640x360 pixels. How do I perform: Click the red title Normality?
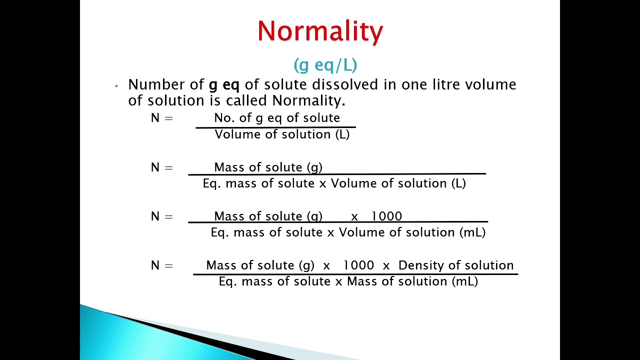320,31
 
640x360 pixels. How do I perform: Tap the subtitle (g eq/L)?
325,64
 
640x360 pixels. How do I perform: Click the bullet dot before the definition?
116,86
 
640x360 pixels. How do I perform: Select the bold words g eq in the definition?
224,84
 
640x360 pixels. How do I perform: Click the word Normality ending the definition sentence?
307,100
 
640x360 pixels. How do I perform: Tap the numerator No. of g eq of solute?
277,118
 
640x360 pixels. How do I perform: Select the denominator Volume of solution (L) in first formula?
282,134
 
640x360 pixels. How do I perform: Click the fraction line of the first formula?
275,127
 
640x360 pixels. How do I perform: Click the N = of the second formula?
161,167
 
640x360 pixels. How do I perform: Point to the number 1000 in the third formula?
386,216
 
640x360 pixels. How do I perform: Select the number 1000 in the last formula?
358,265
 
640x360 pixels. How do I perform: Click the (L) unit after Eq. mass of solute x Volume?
458,183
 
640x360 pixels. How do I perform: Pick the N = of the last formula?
161,265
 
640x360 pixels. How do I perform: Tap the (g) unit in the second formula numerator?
314,167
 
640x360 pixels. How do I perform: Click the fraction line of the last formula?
355,274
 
